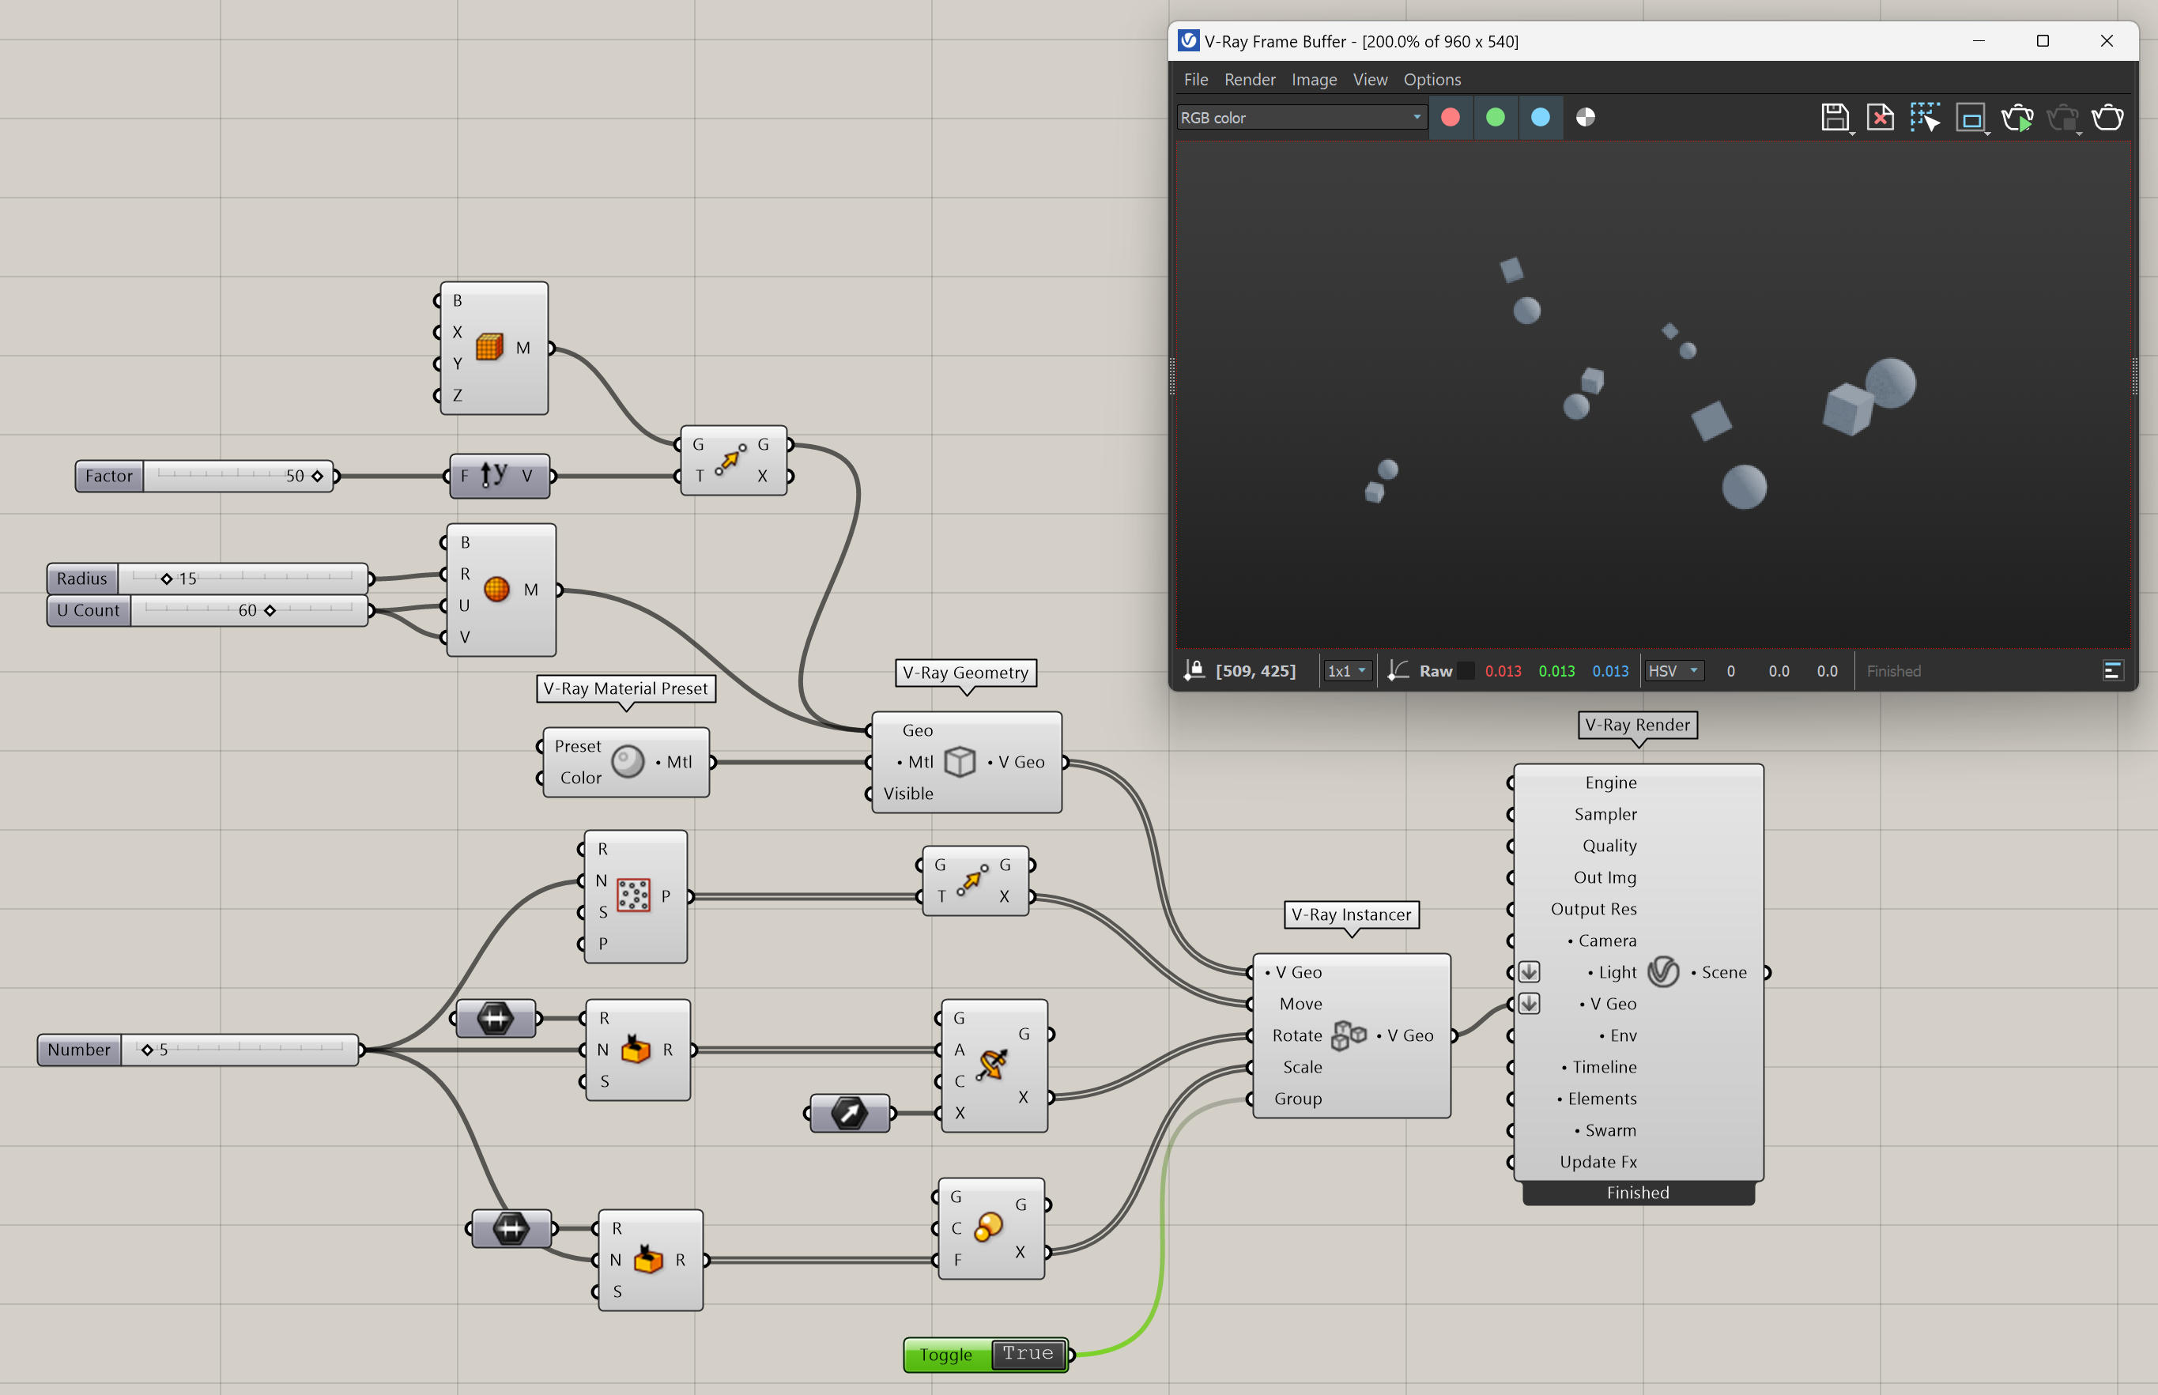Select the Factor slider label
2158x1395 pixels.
[x=109, y=476]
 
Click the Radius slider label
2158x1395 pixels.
[x=81, y=578]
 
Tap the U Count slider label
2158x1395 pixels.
[x=88, y=610]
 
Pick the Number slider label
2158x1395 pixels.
[x=79, y=1050]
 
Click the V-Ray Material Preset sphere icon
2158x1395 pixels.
[x=628, y=762]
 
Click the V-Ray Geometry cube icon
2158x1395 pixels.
[x=960, y=762]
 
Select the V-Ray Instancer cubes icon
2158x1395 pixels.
[x=1349, y=1035]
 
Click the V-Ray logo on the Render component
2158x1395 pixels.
[x=1663, y=972]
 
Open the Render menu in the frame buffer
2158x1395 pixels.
[x=1249, y=80]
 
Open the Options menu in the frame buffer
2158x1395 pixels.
[x=1432, y=80]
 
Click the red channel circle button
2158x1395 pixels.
[x=1451, y=118]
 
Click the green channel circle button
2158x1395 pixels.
[x=1496, y=118]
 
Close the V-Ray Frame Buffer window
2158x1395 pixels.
[x=2107, y=41]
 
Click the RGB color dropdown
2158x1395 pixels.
[x=1302, y=118]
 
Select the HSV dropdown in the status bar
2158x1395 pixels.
[x=1673, y=671]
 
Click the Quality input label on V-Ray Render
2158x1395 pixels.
[x=1609, y=846]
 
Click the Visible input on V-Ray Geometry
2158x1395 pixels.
[x=907, y=794]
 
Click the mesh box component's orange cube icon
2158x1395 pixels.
[x=489, y=347]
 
